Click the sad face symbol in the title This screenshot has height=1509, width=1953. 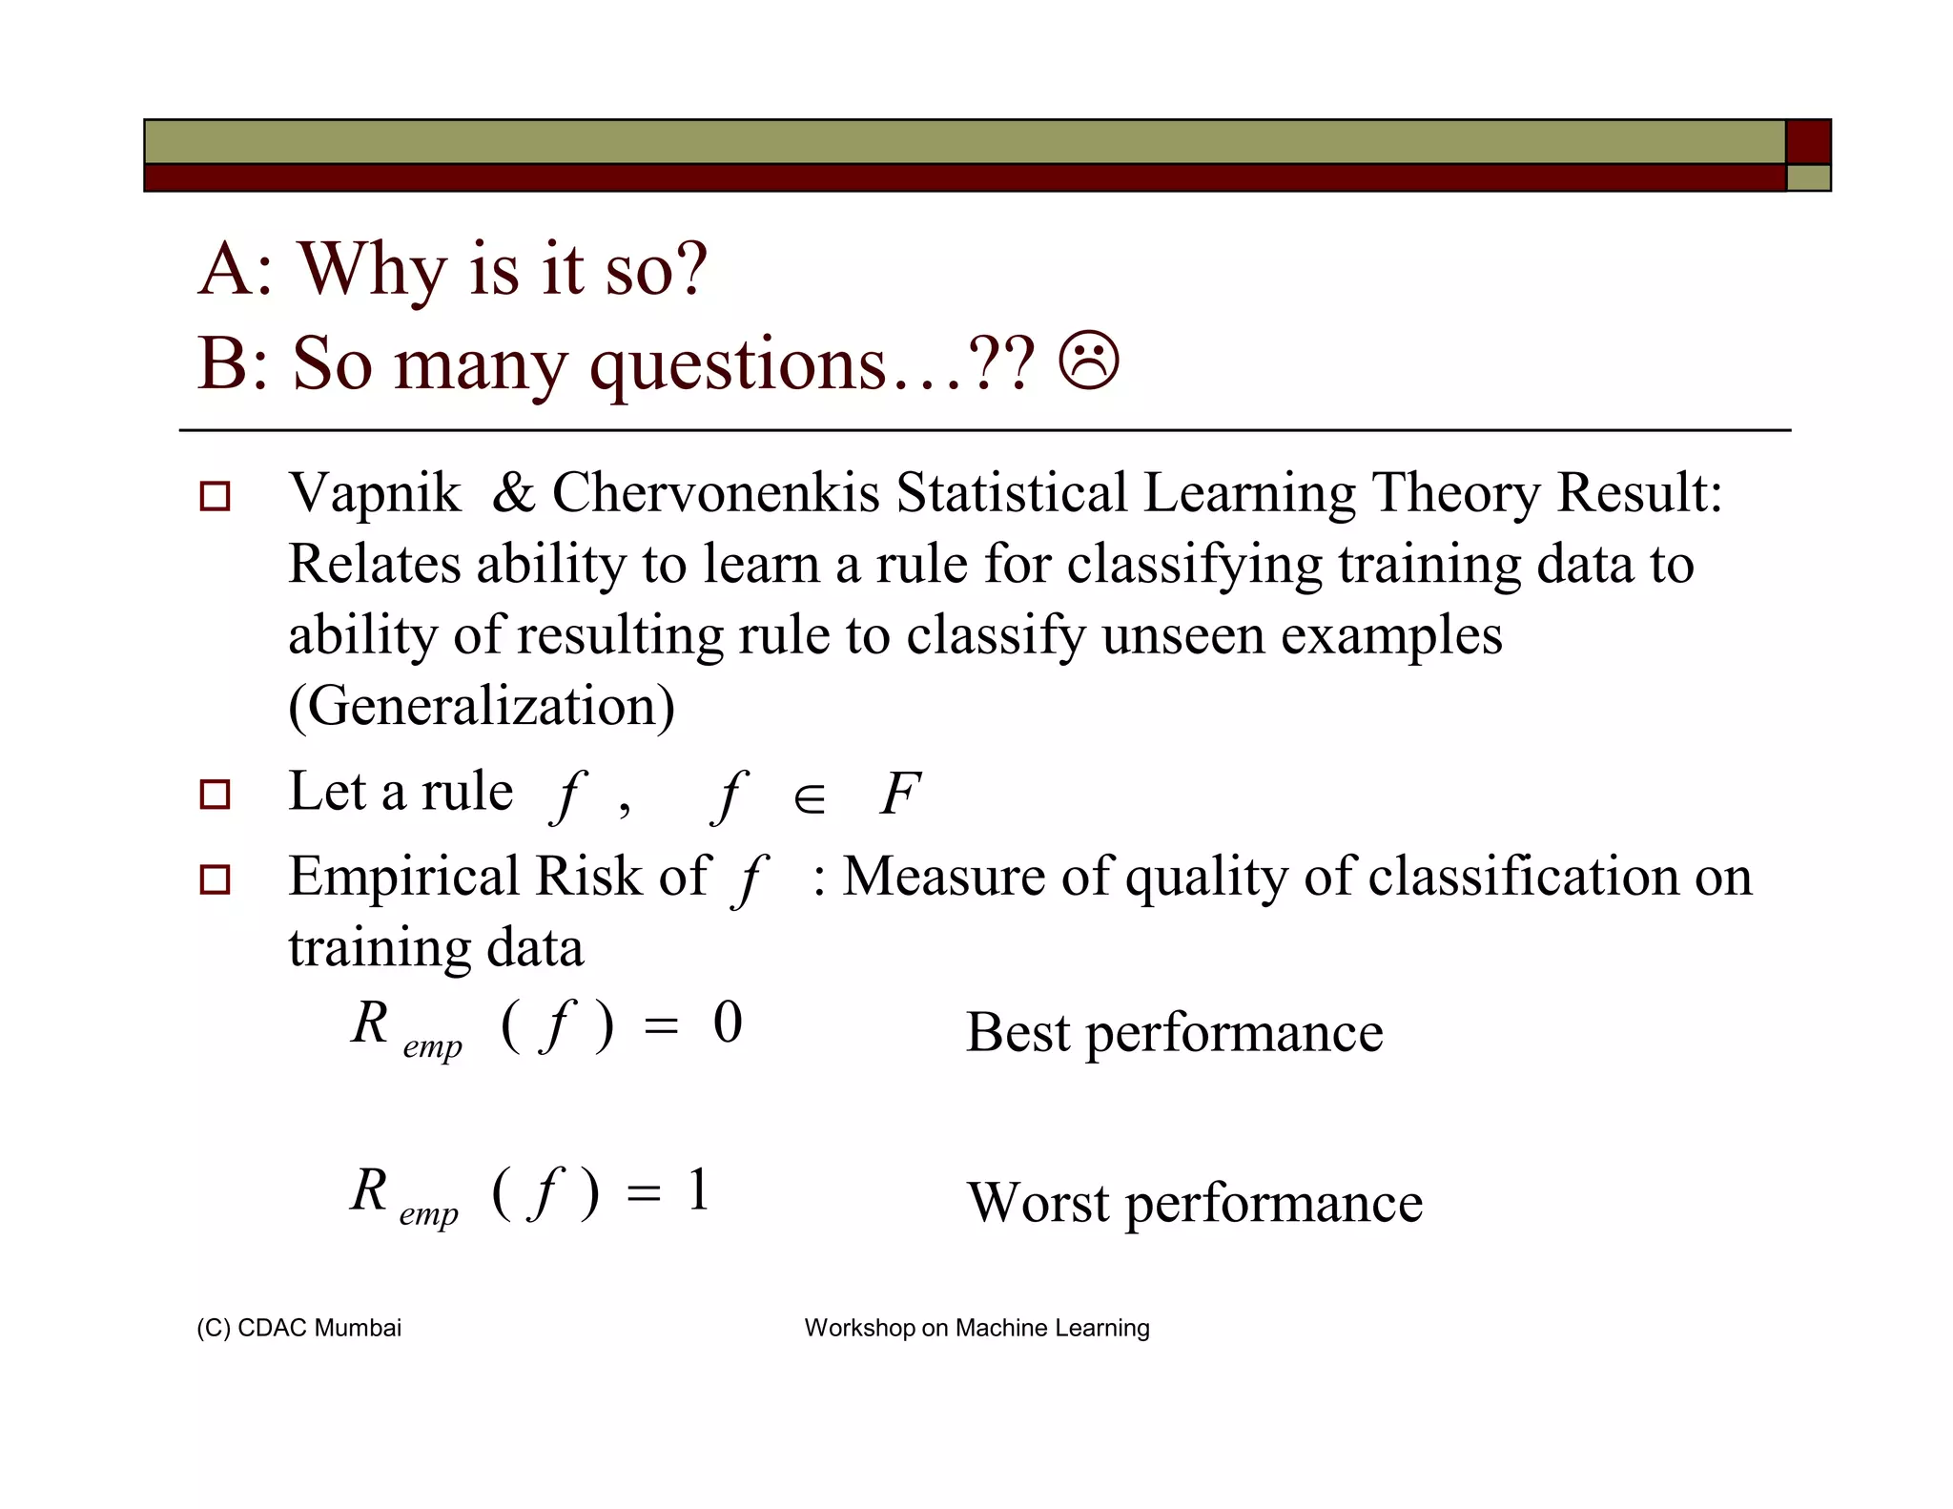[1089, 362]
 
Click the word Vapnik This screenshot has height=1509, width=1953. [374, 494]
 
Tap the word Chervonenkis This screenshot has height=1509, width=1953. [715, 494]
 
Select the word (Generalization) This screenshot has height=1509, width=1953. [482, 707]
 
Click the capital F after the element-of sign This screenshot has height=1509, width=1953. [899, 794]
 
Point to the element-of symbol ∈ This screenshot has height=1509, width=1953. [809, 798]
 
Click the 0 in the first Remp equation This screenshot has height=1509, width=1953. [728, 1023]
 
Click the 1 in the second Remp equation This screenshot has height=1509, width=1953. [699, 1190]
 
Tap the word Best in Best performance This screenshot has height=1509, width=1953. [1018, 1033]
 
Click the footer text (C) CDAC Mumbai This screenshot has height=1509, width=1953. [298, 1328]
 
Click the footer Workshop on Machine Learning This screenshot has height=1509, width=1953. [976, 1328]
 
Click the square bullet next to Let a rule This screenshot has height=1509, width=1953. [215, 795]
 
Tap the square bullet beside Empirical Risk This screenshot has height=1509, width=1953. [215, 879]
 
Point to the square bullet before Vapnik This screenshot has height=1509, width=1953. [215, 496]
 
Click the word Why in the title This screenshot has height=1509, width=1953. [372, 270]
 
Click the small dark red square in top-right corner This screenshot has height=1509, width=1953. [1808, 142]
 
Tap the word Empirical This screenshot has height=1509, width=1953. [403, 877]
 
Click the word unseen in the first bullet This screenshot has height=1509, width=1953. [1182, 636]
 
